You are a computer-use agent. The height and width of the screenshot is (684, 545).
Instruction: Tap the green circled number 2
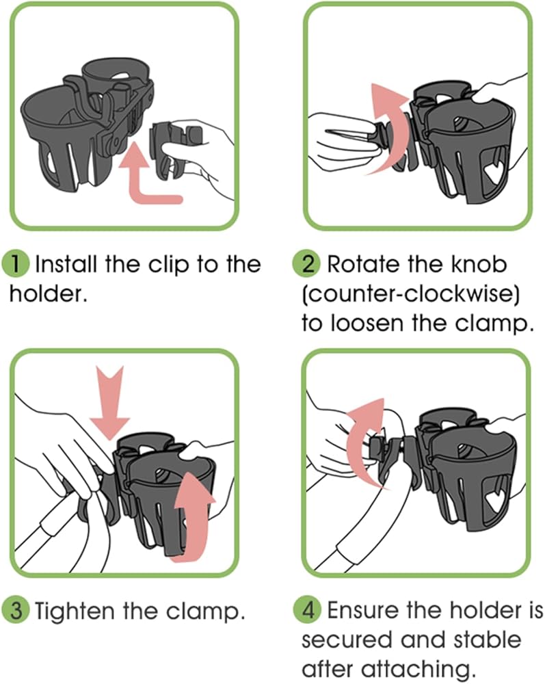[308, 264]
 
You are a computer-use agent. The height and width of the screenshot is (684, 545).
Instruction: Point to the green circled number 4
[308, 610]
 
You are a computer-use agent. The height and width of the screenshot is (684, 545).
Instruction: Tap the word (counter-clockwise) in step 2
[411, 293]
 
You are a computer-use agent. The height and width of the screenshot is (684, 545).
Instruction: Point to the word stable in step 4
[487, 640]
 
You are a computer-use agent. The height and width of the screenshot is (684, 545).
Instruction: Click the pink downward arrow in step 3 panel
[110, 402]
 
